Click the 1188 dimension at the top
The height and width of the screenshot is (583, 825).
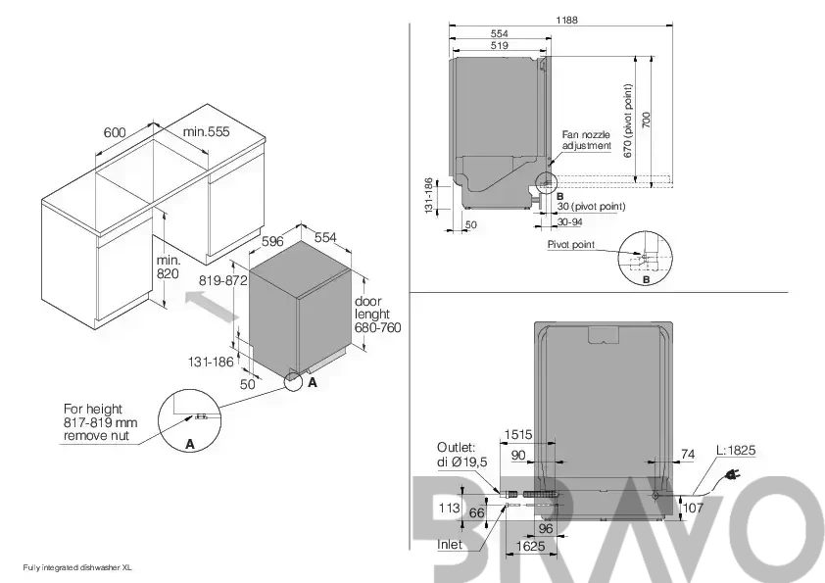click(566, 20)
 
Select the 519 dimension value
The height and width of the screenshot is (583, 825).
click(500, 45)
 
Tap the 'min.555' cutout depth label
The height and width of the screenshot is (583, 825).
click(206, 131)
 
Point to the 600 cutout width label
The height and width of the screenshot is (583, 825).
click(115, 132)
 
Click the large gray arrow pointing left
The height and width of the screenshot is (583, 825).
click(211, 308)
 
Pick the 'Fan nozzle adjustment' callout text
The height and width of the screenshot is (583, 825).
click(587, 140)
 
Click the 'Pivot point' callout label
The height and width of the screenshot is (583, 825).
click(571, 244)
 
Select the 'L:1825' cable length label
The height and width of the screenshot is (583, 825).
click(736, 450)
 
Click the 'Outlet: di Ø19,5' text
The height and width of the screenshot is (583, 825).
click(461, 455)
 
